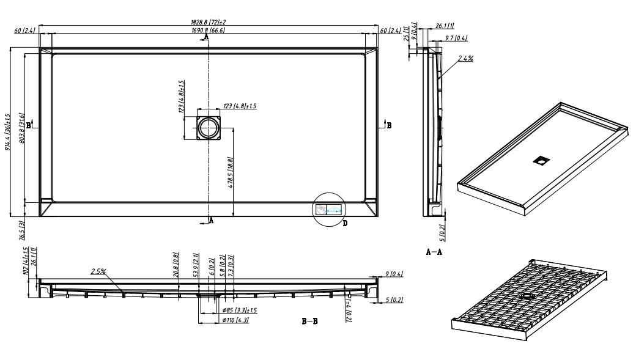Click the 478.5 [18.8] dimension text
(231, 174)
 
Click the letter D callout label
(345, 224)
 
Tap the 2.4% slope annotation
(466, 59)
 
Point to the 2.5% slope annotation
(99, 271)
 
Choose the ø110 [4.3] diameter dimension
(235, 320)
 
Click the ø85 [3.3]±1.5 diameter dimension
(239, 310)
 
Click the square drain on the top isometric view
(540, 161)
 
